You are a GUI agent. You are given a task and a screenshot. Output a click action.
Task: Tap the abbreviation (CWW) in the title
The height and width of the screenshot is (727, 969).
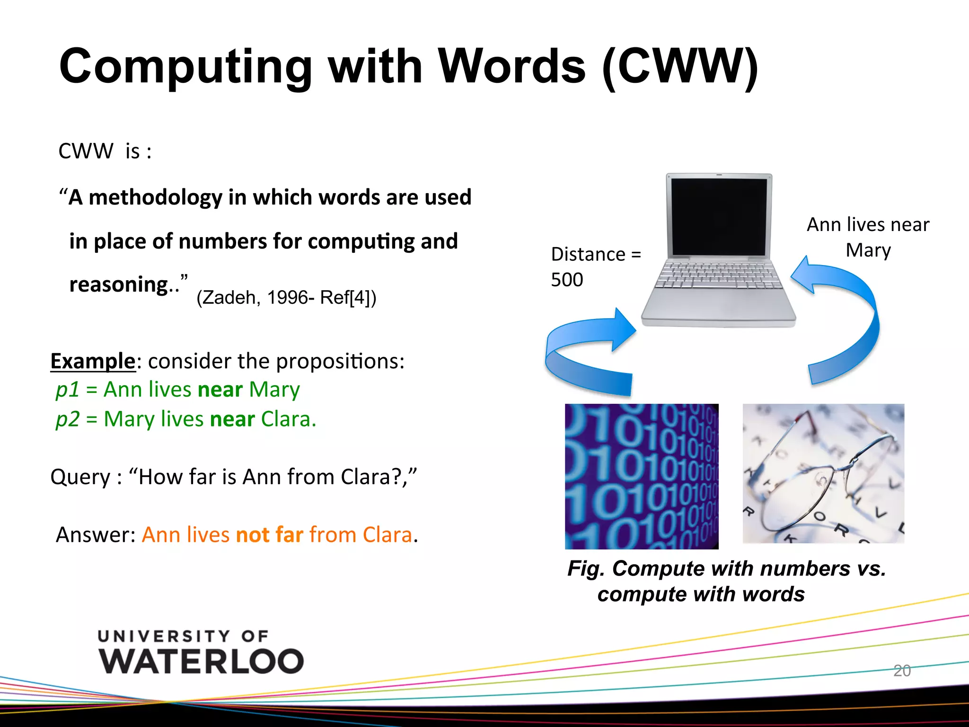tap(680, 67)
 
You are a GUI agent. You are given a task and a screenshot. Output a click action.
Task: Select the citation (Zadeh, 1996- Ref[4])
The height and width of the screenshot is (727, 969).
tap(286, 298)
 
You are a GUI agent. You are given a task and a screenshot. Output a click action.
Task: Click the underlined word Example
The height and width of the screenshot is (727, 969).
tap(93, 361)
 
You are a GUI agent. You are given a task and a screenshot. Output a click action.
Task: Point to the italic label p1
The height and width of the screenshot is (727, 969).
tap(67, 390)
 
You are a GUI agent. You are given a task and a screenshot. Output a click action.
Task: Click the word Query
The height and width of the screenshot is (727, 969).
tap(80, 477)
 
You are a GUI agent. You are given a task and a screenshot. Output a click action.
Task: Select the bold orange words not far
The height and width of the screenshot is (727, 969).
tap(270, 535)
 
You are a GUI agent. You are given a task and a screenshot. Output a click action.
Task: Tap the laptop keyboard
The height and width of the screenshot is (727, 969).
tap(719, 275)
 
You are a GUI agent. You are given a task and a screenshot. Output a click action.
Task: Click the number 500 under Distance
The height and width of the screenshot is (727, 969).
tap(567, 280)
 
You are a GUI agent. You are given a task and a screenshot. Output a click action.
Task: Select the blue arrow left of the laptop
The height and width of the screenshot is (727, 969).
tap(589, 353)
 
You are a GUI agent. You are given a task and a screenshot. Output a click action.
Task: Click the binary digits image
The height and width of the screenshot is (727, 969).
tap(642, 476)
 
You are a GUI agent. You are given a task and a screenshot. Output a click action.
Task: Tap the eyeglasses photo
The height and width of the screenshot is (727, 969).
tap(823, 473)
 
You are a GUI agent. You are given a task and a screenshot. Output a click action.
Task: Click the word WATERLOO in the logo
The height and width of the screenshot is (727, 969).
tap(201, 661)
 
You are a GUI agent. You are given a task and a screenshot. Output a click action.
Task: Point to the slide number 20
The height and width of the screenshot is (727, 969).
tap(902, 671)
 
